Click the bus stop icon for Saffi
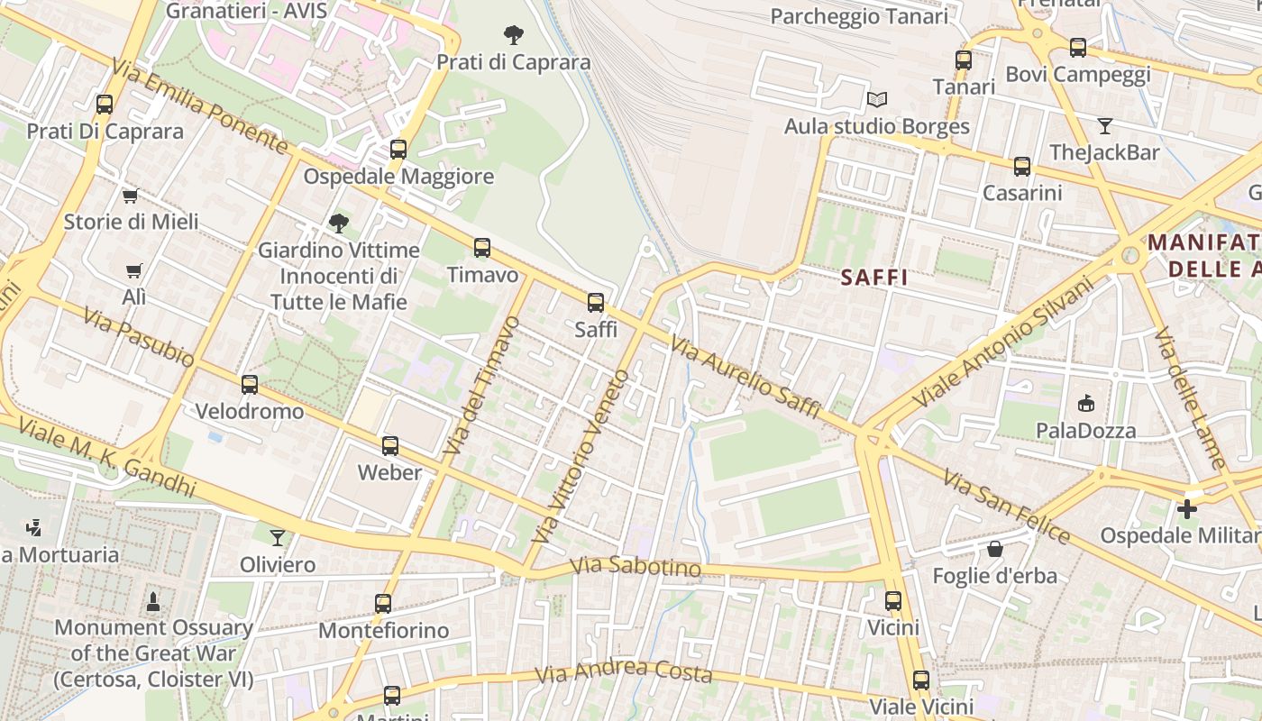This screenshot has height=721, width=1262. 596,303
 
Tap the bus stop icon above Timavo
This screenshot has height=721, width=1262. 482,248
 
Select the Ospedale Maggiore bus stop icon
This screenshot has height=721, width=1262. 398,150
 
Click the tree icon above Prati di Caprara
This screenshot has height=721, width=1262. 514,35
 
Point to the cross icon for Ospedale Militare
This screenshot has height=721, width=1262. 1187,509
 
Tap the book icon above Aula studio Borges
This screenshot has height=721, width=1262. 876,99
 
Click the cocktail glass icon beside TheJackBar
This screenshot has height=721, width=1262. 1105,125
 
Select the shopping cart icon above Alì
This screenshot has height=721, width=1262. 134,270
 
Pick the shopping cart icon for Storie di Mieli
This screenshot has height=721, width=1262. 131,196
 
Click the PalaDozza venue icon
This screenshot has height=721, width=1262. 1085,404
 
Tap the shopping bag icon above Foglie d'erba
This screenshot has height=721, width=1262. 995,549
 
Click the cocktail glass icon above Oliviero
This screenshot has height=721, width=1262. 278,538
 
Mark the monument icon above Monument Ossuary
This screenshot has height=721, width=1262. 153,600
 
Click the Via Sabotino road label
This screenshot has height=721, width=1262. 636,568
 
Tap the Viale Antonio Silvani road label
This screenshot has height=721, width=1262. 1002,341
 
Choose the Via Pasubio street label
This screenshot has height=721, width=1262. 139,337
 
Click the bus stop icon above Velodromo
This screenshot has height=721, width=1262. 250,385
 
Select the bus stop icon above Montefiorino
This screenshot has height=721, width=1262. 383,604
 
